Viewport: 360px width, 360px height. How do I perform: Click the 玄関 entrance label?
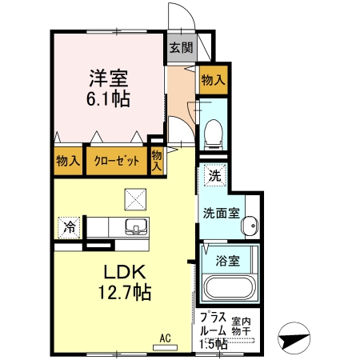pyautogui.click(x=181, y=47)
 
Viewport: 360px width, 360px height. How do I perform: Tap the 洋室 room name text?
pyautogui.click(x=109, y=79)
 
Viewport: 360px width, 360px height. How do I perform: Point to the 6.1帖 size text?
pyautogui.click(x=109, y=100)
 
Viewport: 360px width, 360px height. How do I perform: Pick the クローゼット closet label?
pyautogui.click(x=116, y=160)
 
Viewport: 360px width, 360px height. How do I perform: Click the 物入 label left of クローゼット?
pyautogui.click(x=67, y=160)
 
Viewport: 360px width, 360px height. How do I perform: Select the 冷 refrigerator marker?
pyautogui.click(x=70, y=227)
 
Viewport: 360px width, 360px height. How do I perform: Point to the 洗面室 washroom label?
pyautogui.click(x=220, y=214)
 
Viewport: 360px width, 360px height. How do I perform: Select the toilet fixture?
pyautogui.click(x=214, y=134)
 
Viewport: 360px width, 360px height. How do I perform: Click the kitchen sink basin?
pyautogui.click(x=135, y=226)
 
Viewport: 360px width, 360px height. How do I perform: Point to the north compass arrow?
pyautogui.click(x=294, y=338)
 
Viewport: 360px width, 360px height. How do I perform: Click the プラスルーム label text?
pyautogui.click(x=211, y=328)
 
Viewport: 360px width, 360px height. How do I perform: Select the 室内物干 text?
pyautogui.click(x=241, y=324)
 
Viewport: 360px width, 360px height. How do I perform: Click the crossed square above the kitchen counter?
pyautogui.click(x=134, y=197)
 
